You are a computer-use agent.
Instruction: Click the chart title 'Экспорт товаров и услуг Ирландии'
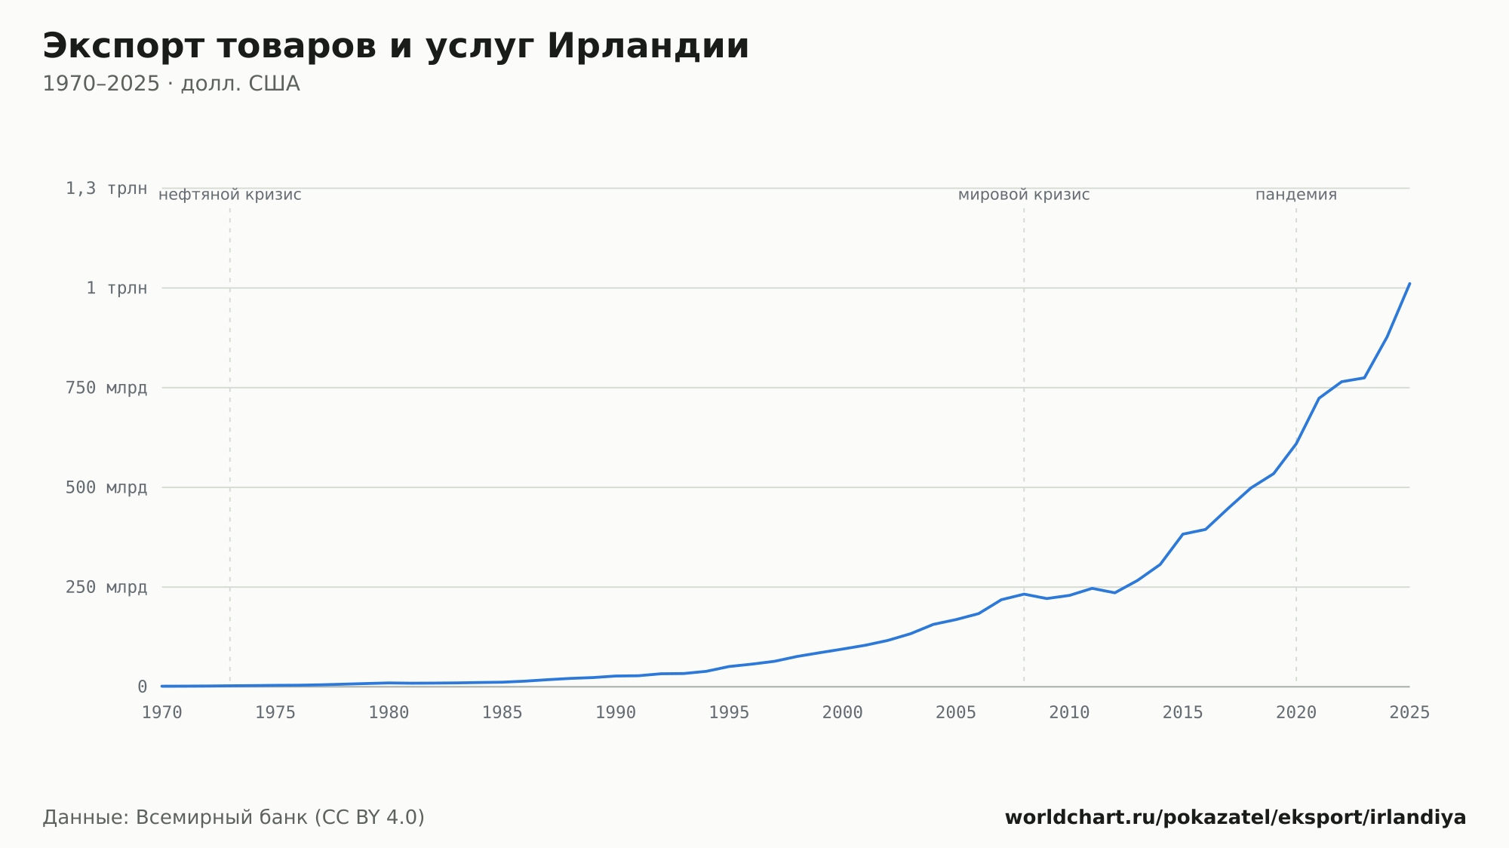[x=395, y=47]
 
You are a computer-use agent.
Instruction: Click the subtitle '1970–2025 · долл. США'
[x=171, y=84]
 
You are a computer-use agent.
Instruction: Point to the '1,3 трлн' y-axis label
[x=106, y=189]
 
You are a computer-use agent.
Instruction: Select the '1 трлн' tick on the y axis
[x=116, y=288]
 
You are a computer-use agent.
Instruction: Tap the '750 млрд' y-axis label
[x=106, y=388]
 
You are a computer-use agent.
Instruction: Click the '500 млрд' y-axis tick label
[x=106, y=487]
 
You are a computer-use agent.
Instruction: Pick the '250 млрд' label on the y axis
[x=106, y=587]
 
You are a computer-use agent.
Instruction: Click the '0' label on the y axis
[x=142, y=687]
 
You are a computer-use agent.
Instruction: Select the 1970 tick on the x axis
[x=162, y=713]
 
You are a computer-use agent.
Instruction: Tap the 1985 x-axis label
[x=502, y=713]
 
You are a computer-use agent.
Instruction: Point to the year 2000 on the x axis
[x=843, y=713]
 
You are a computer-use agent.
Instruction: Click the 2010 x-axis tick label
[x=1069, y=713]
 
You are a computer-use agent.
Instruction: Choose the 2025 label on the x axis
[x=1409, y=713]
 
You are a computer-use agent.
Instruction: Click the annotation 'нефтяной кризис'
[x=230, y=195]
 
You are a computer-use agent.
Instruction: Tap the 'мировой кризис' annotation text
[x=1024, y=195]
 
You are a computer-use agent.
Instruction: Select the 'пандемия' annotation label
[x=1296, y=195]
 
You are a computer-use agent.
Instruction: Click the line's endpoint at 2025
[x=1409, y=284]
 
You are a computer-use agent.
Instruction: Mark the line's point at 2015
[x=1182, y=534]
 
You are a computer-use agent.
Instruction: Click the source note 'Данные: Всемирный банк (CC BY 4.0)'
[x=234, y=817]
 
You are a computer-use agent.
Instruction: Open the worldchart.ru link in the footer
[x=1235, y=817]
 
